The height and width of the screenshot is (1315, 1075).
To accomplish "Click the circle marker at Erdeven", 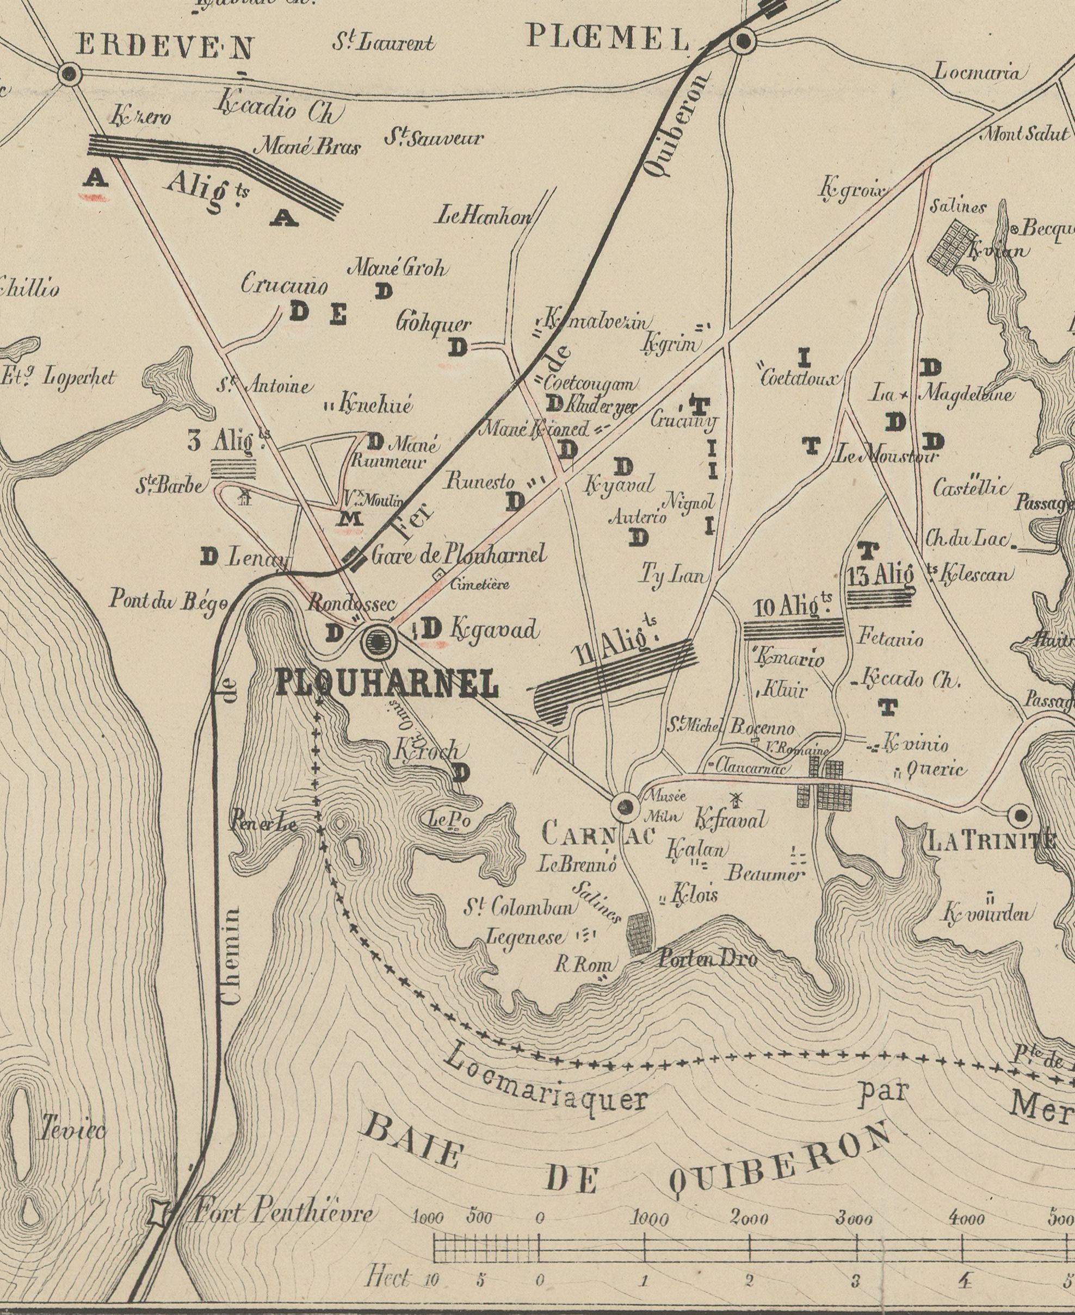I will point(69,74).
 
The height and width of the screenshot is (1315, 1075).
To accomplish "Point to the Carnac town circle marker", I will point(625,806).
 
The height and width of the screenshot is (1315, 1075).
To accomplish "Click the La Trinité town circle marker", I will point(1020,816).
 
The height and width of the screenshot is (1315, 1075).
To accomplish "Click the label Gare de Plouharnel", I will point(459,554).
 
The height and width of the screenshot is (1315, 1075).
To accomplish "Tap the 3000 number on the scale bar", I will point(855,1202).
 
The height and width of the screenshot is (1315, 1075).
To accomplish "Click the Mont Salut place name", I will point(1024,134).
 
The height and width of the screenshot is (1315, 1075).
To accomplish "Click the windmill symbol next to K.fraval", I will point(737,800).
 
